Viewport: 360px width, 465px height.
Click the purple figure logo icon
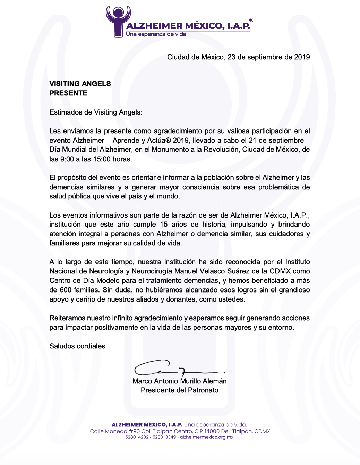point(118,21)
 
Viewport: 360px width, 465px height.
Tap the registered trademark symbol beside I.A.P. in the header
point(251,20)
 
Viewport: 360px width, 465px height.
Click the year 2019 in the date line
point(302,57)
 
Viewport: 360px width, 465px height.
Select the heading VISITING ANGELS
point(80,84)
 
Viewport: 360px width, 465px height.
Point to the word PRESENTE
point(68,93)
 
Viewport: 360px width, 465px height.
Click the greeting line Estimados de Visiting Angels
point(96,112)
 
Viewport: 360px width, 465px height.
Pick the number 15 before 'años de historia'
point(164,225)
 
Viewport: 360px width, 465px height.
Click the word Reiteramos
point(67,318)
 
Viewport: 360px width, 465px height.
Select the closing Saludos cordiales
point(78,346)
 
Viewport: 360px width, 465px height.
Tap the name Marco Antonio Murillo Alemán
point(179,381)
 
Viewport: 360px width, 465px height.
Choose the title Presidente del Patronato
point(179,390)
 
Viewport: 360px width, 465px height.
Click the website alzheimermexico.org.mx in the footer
point(206,437)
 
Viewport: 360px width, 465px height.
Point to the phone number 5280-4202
point(137,437)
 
